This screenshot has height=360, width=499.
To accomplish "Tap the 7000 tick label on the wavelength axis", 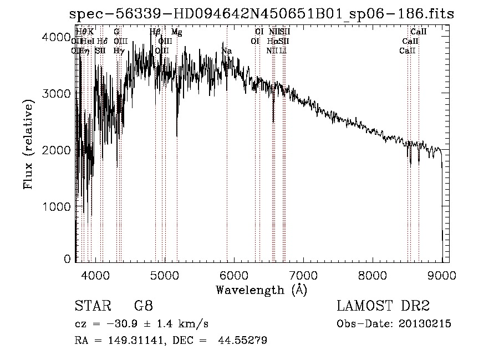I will coord(303,275).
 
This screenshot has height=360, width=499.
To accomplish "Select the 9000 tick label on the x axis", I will coord(442,275).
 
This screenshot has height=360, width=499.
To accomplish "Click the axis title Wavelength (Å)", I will coord(261,290).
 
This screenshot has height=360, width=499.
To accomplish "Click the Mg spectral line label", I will coord(176,32).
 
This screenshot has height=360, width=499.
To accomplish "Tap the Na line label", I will coord(226,51).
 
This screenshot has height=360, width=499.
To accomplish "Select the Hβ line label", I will coord(155,32).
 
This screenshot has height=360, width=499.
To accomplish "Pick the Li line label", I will coord(283,50).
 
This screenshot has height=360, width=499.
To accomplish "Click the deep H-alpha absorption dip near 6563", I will coord(273,119).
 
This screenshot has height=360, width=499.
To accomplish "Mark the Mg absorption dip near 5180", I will coord(177,133).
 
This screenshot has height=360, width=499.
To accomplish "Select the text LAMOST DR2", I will coord(383,306).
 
